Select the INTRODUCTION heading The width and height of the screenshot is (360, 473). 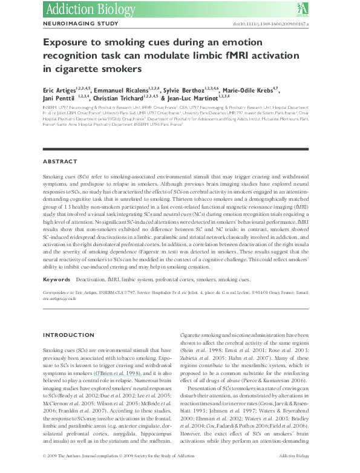pyautogui.click(x=68, y=335)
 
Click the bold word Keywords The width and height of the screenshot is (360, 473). pyautogui.click(x=56, y=281)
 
